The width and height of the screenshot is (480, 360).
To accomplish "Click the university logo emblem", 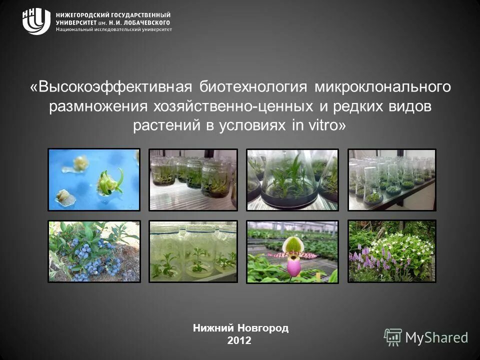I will click(x=36, y=21).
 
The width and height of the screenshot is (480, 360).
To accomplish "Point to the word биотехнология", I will click(x=253, y=87).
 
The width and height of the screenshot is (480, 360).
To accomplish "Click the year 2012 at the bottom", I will click(x=239, y=340).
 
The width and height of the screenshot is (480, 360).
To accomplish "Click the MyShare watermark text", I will click(x=436, y=337).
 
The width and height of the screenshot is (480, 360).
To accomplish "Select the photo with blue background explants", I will click(x=93, y=179).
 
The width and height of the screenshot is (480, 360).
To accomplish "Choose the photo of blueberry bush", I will click(x=93, y=251).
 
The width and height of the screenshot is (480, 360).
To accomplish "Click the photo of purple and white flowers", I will click(x=392, y=251).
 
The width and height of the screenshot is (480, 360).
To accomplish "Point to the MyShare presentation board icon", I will click(x=393, y=337).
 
